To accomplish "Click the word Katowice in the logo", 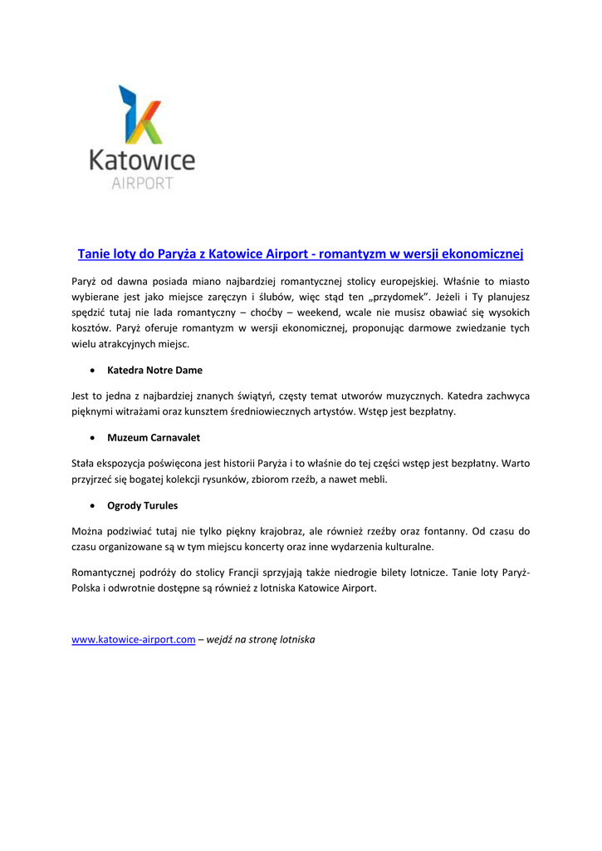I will pyautogui.click(x=142, y=160).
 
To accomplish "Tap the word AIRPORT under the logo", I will pyautogui.click(x=142, y=183).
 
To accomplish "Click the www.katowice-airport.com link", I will pyautogui.click(x=134, y=640).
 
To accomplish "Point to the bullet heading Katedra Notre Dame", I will pyautogui.click(x=154, y=370).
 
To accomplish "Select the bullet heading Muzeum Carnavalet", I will pyautogui.click(x=154, y=437).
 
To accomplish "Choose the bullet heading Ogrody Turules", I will pyautogui.click(x=143, y=505).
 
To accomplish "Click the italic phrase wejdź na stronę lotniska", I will pyautogui.click(x=261, y=640).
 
